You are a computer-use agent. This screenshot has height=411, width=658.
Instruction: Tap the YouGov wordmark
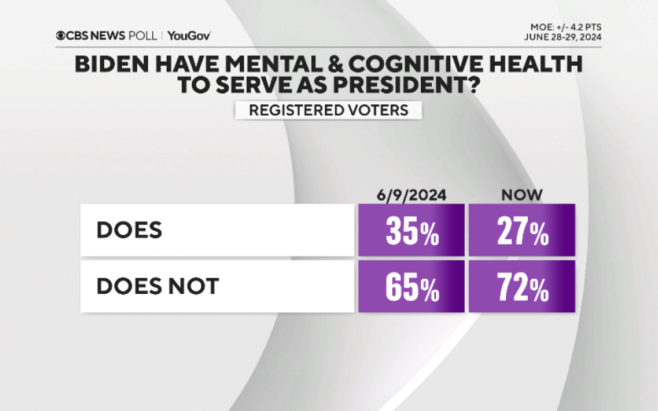coord(188,36)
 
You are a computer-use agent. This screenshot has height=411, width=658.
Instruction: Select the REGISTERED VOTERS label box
coord(328,110)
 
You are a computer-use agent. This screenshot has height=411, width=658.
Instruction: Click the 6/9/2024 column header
coord(411,195)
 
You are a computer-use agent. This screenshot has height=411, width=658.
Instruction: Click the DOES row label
coord(130,230)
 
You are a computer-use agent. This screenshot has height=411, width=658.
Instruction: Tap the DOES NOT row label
coord(157,286)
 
